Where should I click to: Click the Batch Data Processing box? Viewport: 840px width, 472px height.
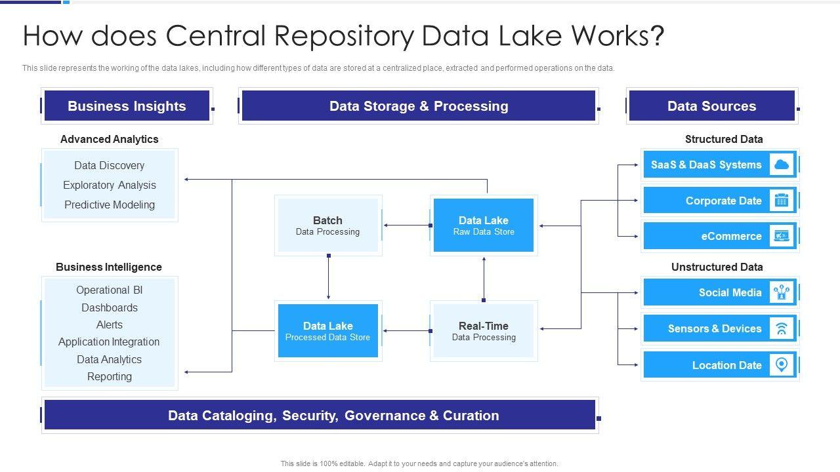pyautogui.click(x=328, y=226)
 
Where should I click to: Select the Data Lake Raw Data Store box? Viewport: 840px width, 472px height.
pyautogui.click(x=484, y=226)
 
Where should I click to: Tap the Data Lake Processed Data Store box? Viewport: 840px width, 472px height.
pyautogui.click(x=328, y=331)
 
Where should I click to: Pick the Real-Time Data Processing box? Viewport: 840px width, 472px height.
pyautogui.click(x=484, y=331)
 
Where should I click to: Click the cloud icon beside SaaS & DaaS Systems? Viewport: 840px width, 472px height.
pyautogui.click(x=781, y=165)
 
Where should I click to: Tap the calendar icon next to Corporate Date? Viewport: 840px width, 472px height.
pyautogui.click(x=781, y=201)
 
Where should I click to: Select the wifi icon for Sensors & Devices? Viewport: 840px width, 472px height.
pyautogui.click(x=781, y=329)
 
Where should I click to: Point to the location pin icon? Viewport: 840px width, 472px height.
pyautogui.click(x=781, y=365)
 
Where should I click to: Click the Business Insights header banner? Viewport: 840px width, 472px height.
pyautogui.click(x=127, y=106)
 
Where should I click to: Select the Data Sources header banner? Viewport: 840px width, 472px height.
pyautogui.click(x=711, y=106)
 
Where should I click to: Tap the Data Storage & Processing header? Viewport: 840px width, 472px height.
pyautogui.click(x=419, y=106)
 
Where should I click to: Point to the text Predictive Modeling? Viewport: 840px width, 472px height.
pyautogui.click(x=110, y=205)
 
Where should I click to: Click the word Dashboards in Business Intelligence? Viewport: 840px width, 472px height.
pyautogui.click(x=110, y=307)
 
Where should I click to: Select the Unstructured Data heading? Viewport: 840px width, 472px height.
pyautogui.click(x=717, y=267)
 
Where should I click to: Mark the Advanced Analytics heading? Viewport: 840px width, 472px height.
pyautogui.click(x=110, y=139)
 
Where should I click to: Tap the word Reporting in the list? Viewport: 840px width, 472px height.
pyautogui.click(x=110, y=376)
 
